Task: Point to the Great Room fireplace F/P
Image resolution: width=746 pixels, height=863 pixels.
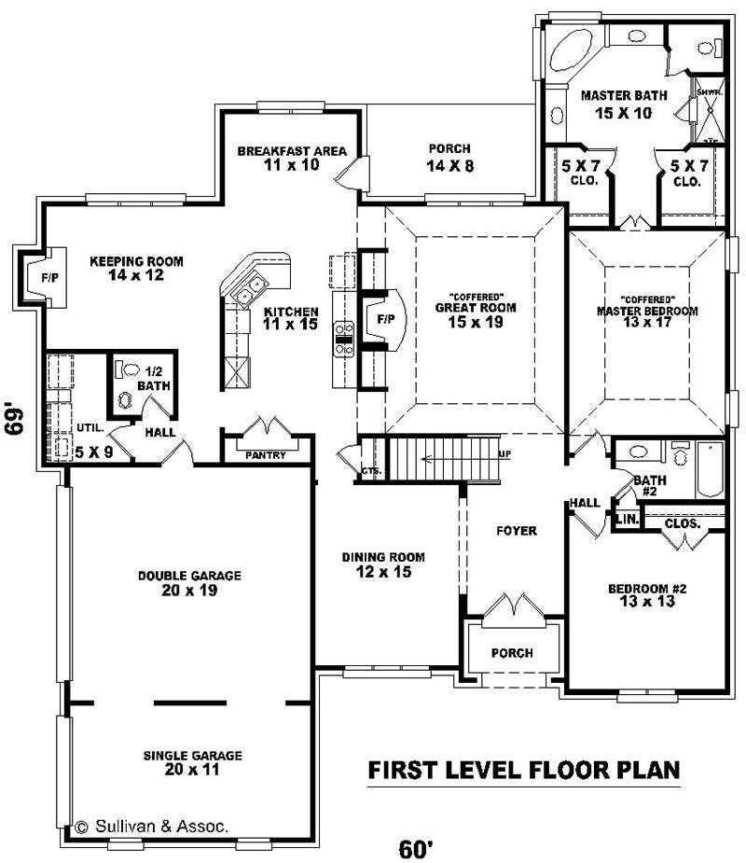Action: [384, 319]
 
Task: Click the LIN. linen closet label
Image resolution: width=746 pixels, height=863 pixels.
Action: [625, 519]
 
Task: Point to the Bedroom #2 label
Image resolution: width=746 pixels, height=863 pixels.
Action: [647, 589]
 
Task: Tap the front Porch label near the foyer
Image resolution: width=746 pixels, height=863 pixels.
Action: [513, 653]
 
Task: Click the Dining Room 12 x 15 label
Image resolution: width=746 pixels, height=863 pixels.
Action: [377, 564]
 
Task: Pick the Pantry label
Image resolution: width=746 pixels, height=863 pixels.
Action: [266, 454]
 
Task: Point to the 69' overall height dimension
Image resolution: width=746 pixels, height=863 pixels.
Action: [16, 419]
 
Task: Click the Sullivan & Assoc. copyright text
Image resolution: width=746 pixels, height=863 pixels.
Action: [151, 826]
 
